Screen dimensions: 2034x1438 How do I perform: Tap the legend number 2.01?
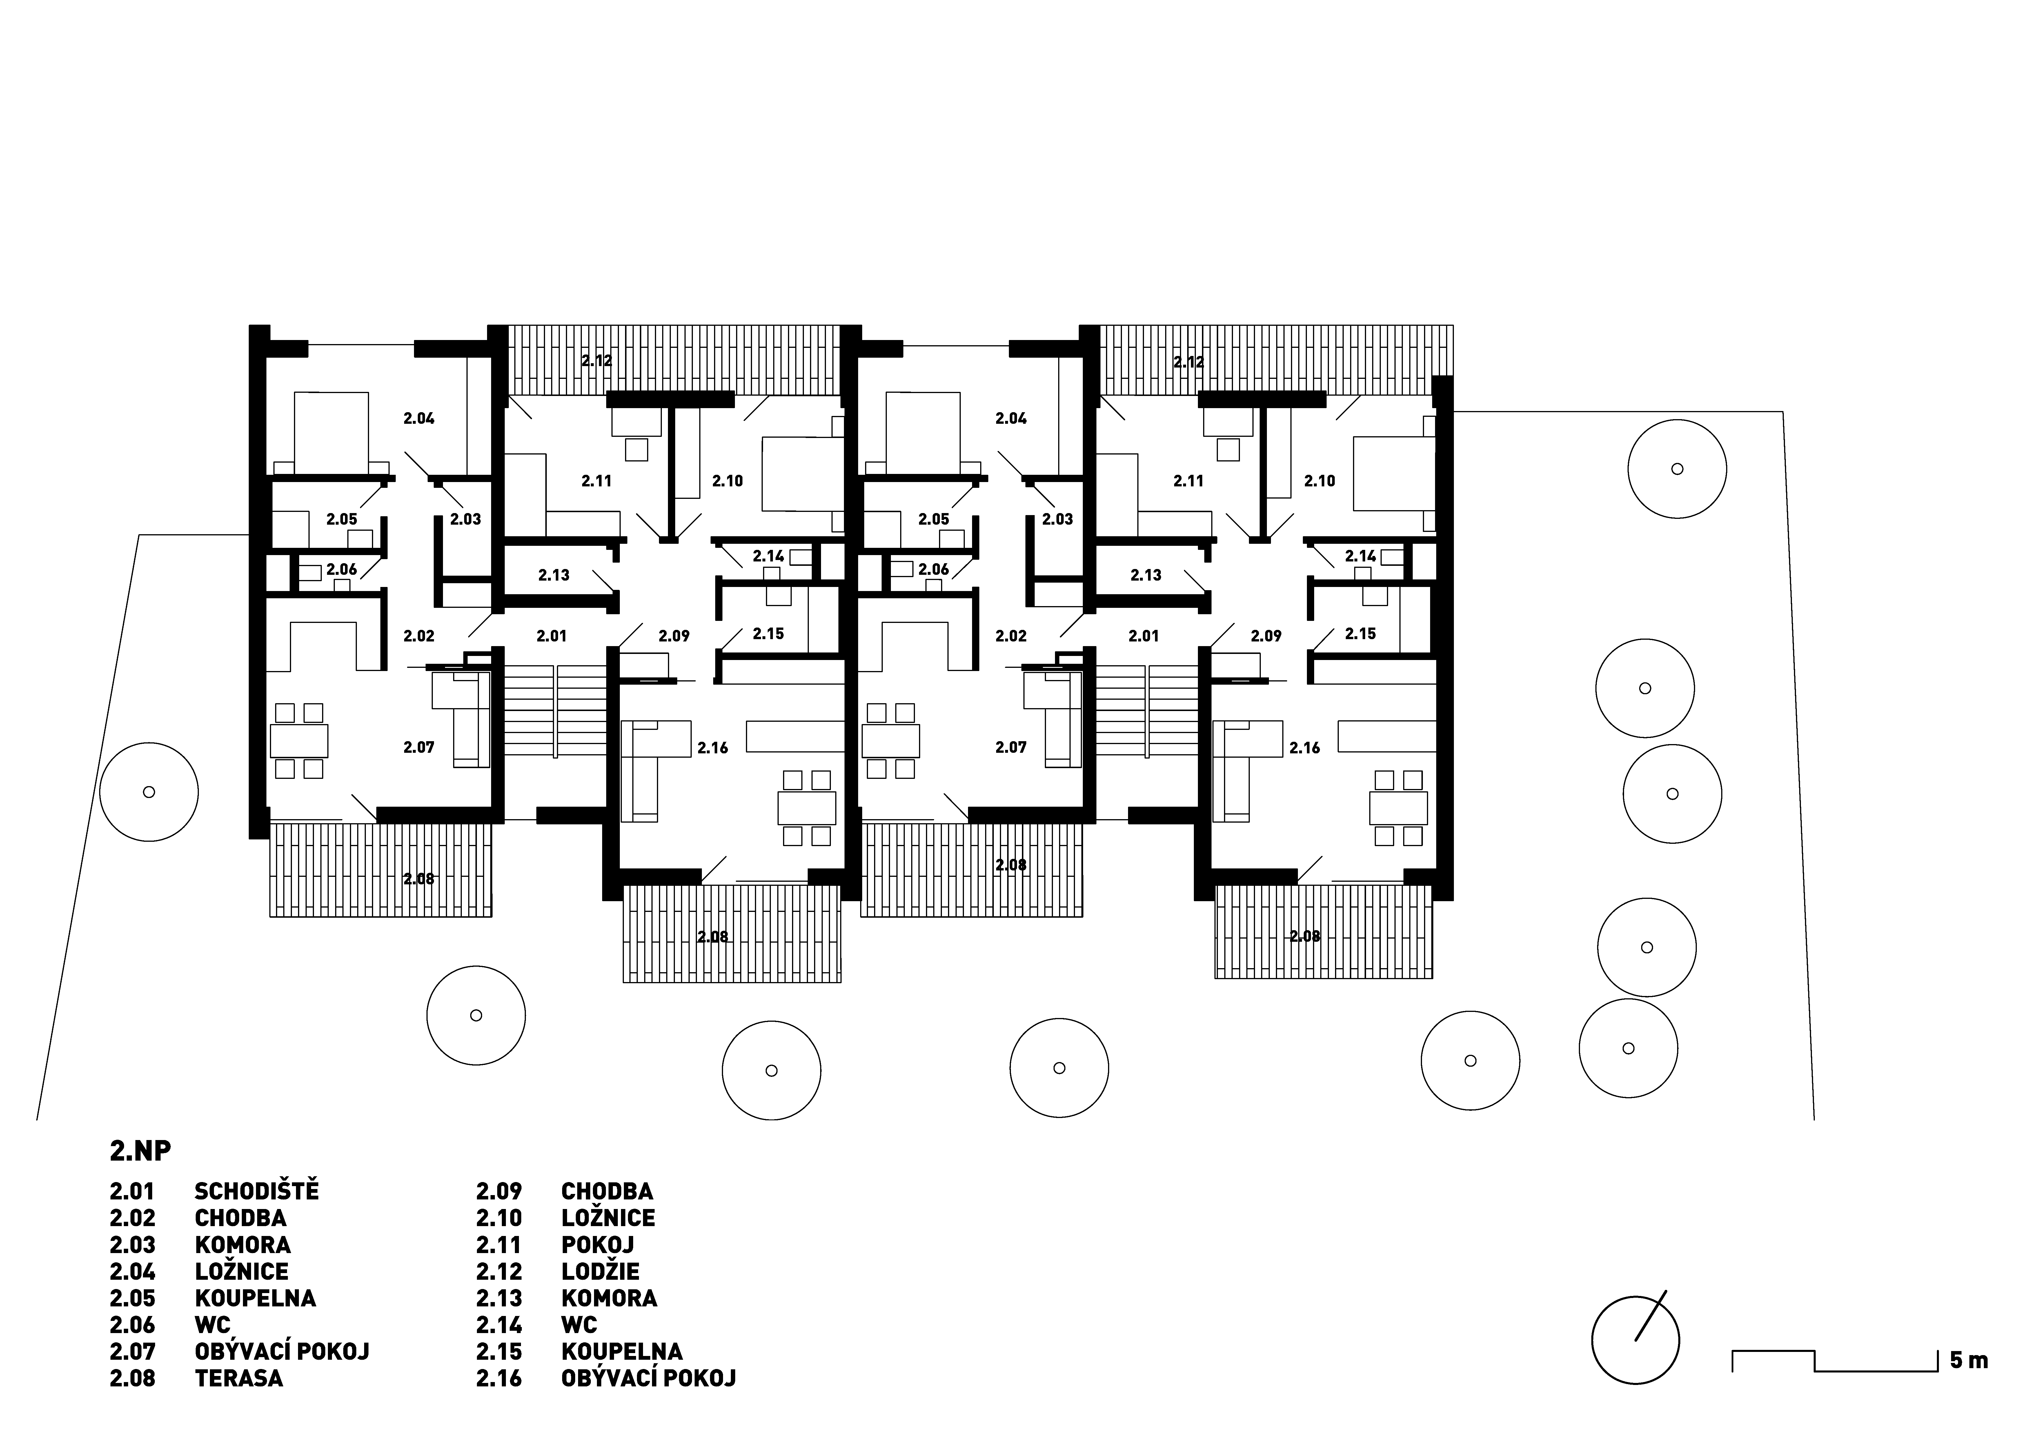132,1192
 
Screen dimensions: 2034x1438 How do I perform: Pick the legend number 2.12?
499,1271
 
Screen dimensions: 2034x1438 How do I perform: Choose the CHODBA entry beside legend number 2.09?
607,1192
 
